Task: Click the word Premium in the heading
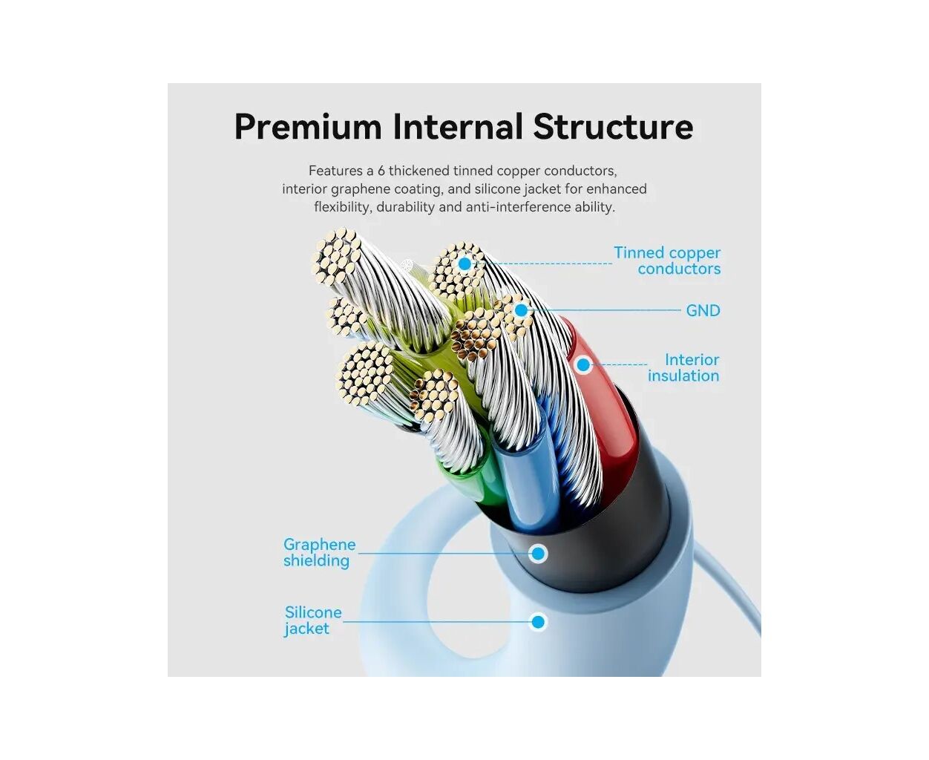click(x=308, y=127)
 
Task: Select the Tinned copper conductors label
click(x=667, y=261)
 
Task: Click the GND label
click(x=703, y=311)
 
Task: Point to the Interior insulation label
click(x=683, y=367)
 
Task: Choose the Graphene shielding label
click(x=319, y=552)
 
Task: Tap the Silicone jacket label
click(x=313, y=620)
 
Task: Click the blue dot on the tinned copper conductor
click(x=464, y=263)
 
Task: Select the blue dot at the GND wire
click(x=521, y=310)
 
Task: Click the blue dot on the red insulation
click(x=583, y=365)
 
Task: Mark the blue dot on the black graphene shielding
click(x=538, y=553)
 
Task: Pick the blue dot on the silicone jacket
click(x=538, y=622)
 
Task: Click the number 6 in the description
click(x=381, y=171)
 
